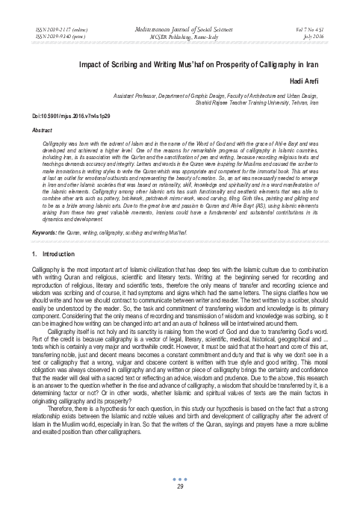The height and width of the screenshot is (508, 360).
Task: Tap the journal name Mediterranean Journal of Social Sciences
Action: (x=180, y=27)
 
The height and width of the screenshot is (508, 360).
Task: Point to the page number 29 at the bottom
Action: (x=180, y=486)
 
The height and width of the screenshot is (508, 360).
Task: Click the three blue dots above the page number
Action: (x=180, y=479)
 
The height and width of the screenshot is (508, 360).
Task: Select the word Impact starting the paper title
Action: (x=96, y=65)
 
